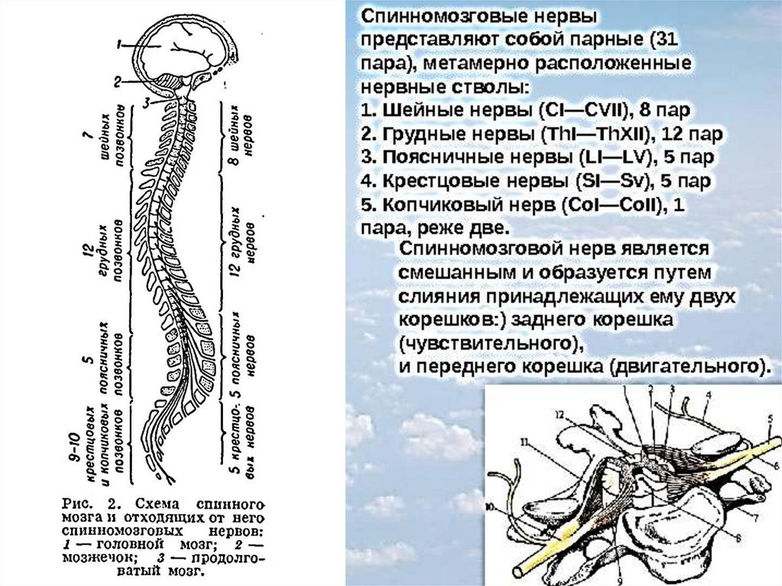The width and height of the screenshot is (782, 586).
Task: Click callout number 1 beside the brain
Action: [121, 45]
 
